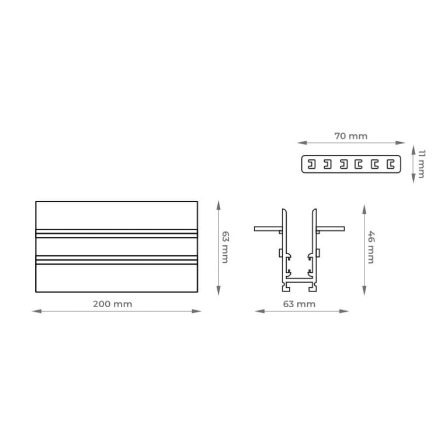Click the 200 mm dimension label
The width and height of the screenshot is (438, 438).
tap(112, 304)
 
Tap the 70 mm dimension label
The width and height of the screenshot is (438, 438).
tap(351, 135)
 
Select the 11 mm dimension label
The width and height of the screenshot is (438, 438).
tap(420, 164)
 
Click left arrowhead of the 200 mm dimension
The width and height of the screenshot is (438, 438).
tap(34, 311)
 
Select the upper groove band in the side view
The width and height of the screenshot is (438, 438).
tap(117, 234)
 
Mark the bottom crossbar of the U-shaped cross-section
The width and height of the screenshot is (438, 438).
tap(300, 281)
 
